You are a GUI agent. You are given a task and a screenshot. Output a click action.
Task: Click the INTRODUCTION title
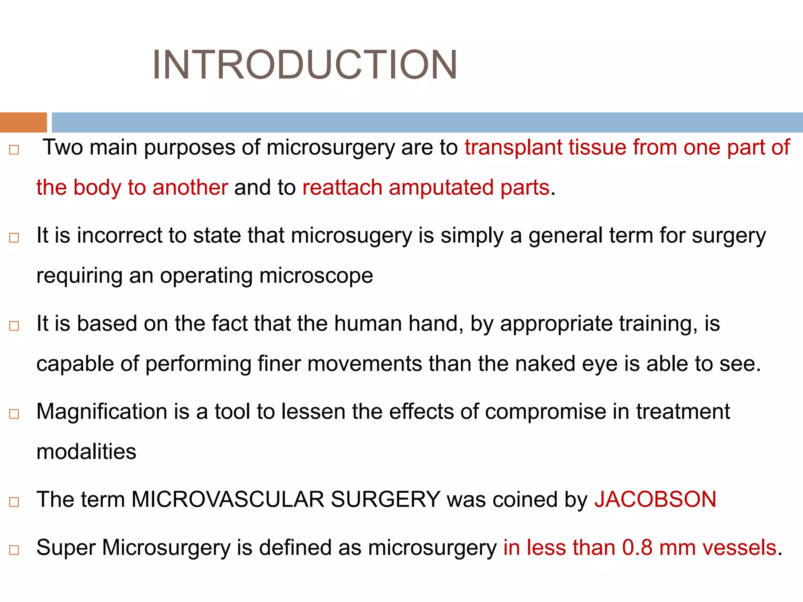(x=305, y=65)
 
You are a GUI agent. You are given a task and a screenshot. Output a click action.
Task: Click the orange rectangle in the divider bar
(x=23, y=122)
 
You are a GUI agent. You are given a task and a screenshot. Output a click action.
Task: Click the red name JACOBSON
(x=655, y=500)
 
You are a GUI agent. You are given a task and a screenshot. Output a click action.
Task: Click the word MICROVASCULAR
(x=227, y=500)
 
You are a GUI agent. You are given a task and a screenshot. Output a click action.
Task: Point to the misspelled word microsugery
(x=352, y=236)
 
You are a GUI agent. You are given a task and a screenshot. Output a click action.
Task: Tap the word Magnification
(x=102, y=412)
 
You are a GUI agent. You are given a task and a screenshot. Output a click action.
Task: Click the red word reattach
(x=342, y=187)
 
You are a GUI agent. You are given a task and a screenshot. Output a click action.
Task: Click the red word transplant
(x=513, y=148)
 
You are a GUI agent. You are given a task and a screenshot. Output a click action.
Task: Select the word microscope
(x=316, y=276)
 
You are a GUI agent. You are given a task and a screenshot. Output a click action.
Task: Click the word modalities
(x=86, y=451)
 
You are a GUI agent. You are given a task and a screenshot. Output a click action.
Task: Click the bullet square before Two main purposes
(x=14, y=150)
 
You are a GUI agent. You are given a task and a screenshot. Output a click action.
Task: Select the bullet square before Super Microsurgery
(x=14, y=550)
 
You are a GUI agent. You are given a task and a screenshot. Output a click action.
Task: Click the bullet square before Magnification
(x=14, y=414)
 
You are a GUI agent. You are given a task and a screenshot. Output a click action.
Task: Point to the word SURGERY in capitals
(x=385, y=500)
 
